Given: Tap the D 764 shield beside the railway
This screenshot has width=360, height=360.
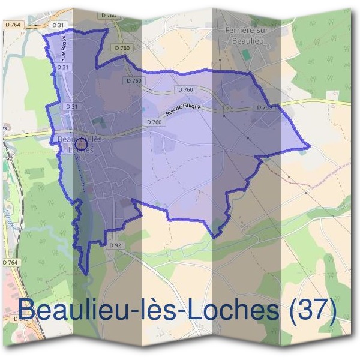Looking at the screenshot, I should pos(10,262).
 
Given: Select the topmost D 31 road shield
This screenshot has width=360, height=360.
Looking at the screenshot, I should pos(58,25).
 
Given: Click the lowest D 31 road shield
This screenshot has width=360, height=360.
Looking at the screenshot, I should pos(71,106).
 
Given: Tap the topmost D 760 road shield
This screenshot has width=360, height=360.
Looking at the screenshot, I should pos(109,15).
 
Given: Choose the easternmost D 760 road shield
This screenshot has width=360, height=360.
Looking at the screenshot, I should pos(263,107).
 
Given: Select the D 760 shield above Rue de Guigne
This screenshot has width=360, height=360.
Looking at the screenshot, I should pos(185,89).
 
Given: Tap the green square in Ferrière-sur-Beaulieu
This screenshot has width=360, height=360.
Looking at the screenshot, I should pos(245,55).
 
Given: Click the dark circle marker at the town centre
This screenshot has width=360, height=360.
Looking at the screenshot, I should pos(82,144).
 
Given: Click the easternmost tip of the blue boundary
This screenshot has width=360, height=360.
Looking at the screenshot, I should pos(310,146).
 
